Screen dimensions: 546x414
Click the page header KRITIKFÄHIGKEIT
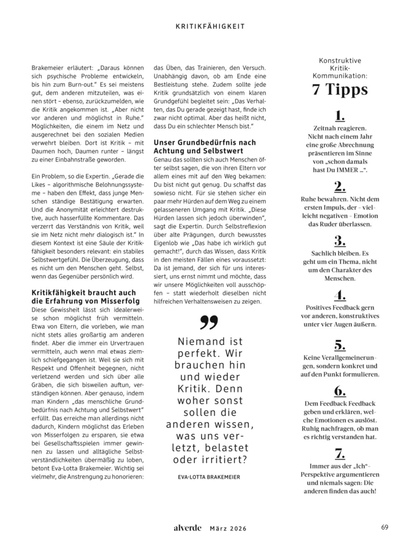tap(206, 25)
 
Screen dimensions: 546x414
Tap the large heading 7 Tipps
tap(339, 90)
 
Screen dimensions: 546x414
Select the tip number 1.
tap(339, 115)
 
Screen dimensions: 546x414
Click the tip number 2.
tap(339, 187)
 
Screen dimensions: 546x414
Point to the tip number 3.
tap(339, 240)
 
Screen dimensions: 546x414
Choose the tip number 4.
tap(339, 295)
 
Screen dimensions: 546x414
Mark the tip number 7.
tap(339, 454)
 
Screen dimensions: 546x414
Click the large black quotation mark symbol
tap(209, 323)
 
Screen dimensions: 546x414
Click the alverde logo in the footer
tap(188, 528)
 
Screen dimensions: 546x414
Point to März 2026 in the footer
tap(228, 528)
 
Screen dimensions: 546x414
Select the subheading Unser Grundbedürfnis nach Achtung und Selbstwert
tap(204, 146)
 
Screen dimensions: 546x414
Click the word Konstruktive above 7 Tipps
tap(340, 60)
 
